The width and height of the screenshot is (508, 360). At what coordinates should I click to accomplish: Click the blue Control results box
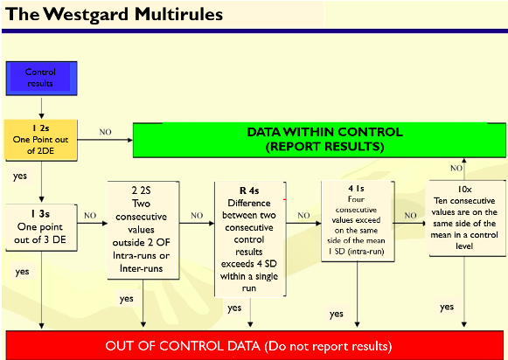coord(41,79)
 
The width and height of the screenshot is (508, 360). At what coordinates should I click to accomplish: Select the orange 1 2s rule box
coord(40,140)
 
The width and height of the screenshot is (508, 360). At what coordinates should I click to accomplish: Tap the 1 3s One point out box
coord(41,227)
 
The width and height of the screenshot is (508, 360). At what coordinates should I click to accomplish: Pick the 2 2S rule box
coord(143,230)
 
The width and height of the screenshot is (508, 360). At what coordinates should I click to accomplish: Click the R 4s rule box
coord(250,239)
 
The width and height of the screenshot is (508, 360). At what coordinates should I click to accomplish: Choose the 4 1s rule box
coord(358,221)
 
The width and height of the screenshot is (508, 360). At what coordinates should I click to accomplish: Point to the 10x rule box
coord(465,218)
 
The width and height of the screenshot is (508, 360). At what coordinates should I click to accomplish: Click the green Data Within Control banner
coord(319,140)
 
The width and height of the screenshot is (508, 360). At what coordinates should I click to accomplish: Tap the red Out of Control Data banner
coord(254,345)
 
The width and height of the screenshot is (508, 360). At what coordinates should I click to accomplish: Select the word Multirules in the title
coord(179,14)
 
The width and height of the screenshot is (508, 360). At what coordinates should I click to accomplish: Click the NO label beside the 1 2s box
coord(105,132)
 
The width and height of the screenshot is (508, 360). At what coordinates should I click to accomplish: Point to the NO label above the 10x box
coord(456,168)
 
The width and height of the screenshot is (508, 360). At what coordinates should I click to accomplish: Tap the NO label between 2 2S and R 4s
coord(197,215)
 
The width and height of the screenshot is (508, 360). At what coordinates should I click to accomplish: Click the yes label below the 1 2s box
coord(20,177)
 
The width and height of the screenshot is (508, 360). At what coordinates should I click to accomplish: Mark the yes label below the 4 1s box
coord(337,314)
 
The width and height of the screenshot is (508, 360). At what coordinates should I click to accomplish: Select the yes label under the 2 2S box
coord(127,299)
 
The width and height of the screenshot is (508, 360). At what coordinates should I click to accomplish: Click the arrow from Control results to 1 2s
coord(41,107)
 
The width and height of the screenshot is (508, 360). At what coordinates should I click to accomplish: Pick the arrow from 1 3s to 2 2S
coord(93,223)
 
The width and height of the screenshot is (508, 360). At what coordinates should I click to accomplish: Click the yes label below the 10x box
coord(447,307)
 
